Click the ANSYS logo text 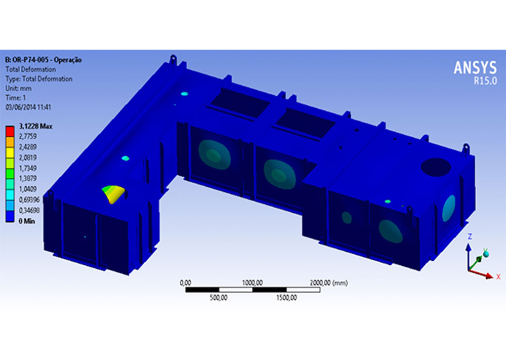475,68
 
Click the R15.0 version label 485,81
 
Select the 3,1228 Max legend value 35,126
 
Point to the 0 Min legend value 27,221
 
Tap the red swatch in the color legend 10,132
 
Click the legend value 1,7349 28,168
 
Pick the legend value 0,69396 29,200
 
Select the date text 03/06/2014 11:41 28,107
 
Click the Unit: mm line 18,89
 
